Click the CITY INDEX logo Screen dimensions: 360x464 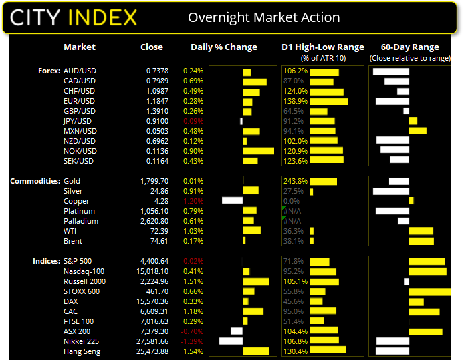coord(74,17)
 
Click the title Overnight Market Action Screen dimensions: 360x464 coord(263,17)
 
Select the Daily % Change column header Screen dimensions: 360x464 coord(224,47)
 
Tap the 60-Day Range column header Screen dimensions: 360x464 coord(410,47)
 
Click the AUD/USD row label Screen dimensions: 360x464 coord(80,71)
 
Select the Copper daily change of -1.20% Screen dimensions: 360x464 coord(193,201)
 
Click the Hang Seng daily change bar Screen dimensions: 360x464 coord(256,351)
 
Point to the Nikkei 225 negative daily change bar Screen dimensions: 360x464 coord(231,341)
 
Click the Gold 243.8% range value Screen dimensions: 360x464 coord(296,181)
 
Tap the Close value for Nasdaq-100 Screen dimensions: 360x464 coord(148,271)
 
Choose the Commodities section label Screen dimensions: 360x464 coord(33,181)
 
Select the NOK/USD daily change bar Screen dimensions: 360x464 coord(258,151)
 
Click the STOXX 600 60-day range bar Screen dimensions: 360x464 coord(429,291)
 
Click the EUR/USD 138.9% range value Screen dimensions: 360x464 coord(296,101)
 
